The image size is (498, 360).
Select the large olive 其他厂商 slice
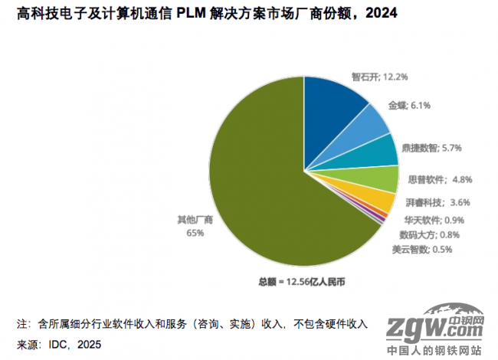[253, 184]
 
